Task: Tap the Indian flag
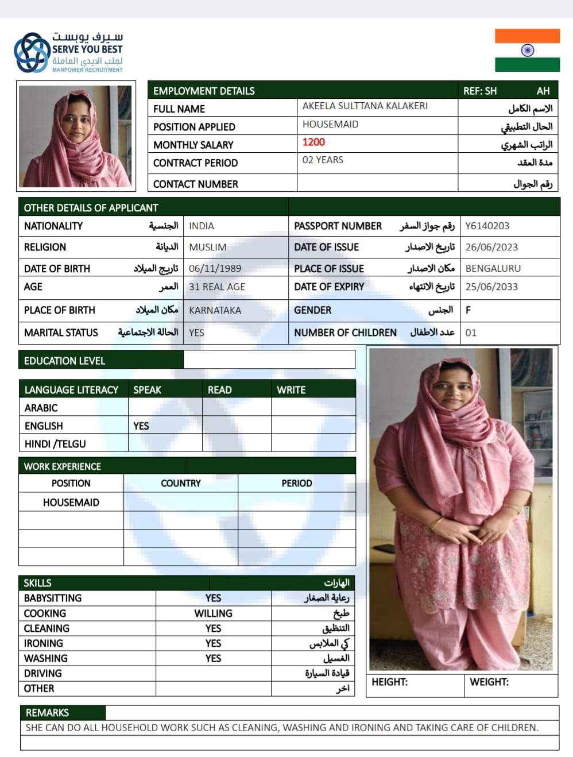pyautogui.click(x=527, y=51)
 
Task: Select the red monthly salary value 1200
pyautogui.click(x=313, y=142)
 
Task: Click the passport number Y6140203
pyautogui.click(x=487, y=226)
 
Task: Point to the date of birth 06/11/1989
pyautogui.click(x=215, y=268)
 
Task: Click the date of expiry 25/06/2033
pyautogui.click(x=491, y=287)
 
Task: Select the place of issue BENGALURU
pyautogui.click(x=493, y=268)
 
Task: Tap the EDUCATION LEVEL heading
pyautogui.click(x=64, y=361)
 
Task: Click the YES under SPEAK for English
pyautogui.click(x=141, y=426)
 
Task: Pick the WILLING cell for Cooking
pyautogui.click(x=213, y=613)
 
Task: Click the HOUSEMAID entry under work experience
pyautogui.click(x=71, y=503)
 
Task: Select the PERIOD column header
pyautogui.click(x=296, y=483)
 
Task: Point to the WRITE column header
pyautogui.click(x=291, y=389)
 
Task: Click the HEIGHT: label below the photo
pyautogui.click(x=389, y=682)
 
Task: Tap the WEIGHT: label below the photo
pyautogui.click(x=489, y=682)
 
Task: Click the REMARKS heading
pyautogui.click(x=47, y=713)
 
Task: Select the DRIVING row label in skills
pyautogui.click(x=43, y=673)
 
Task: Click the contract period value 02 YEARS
pyautogui.click(x=323, y=160)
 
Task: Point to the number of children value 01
pyautogui.click(x=471, y=333)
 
